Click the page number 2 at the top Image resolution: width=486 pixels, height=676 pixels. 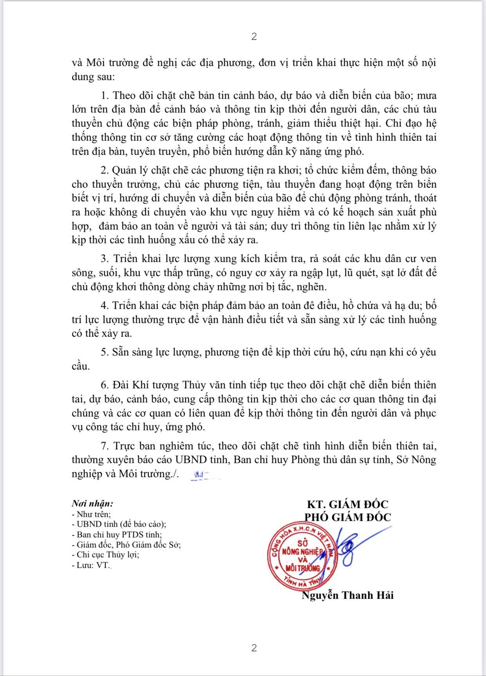point(254,37)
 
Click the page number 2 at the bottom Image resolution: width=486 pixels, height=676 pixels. point(254,648)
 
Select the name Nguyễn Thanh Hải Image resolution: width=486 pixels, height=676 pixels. point(347,595)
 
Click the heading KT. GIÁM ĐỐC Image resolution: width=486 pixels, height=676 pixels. point(347,504)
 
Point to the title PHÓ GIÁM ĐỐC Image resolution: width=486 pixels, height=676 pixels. point(347,517)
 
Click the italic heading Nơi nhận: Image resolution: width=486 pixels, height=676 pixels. point(92,504)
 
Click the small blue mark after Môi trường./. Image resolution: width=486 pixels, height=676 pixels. point(201,475)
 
